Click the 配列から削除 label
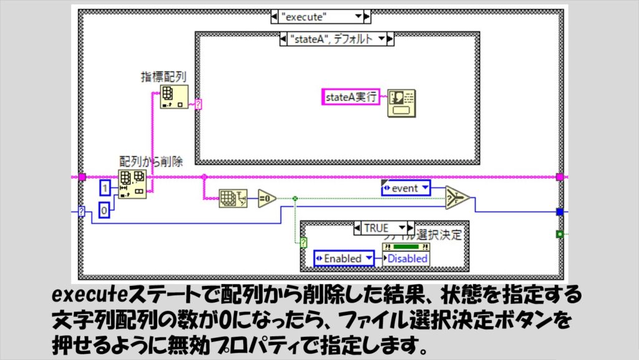(x=151, y=162)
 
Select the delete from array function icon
(x=132, y=185)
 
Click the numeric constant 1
(x=106, y=187)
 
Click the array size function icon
(x=233, y=198)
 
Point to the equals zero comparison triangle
(x=266, y=198)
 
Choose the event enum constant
(x=405, y=187)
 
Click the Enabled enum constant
(x=343, y=258)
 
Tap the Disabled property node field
(x=406, y=258)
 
